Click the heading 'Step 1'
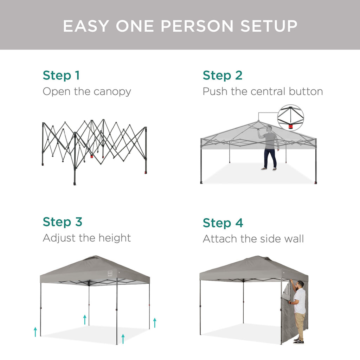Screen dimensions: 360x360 pyautogui.click(x=61, y=75)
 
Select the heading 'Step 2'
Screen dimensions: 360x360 pyautogui.click(x=222, y=75)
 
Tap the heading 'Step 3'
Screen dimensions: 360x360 pyautogui.click(x=62, y=222)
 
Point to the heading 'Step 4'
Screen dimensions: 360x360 pyautogui.click(x=223, y=223)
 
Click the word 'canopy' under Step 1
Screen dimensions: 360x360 pyautogui.click(x=112, y=92)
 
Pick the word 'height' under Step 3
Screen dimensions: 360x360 pyautogui.click(x=113, y=238)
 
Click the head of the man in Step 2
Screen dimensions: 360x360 pyautogui.click(x=269, y=128)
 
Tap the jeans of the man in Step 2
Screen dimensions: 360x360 pyautogui.click(x=270, y=158)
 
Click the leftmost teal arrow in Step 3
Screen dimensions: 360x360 pyautogui.click(x=35, y=332)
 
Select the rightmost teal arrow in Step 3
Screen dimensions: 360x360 pyautogui.click(x=154, y=322)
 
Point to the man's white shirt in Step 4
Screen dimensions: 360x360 pyautogui.click(x=300, y=301)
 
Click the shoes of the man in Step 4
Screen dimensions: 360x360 pyautogui.click(x=298, y=341)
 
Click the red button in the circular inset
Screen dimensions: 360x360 pyautogui.click(x=290, y=126)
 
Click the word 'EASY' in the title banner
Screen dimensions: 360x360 pyautogui.click(x=86, y=26)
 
